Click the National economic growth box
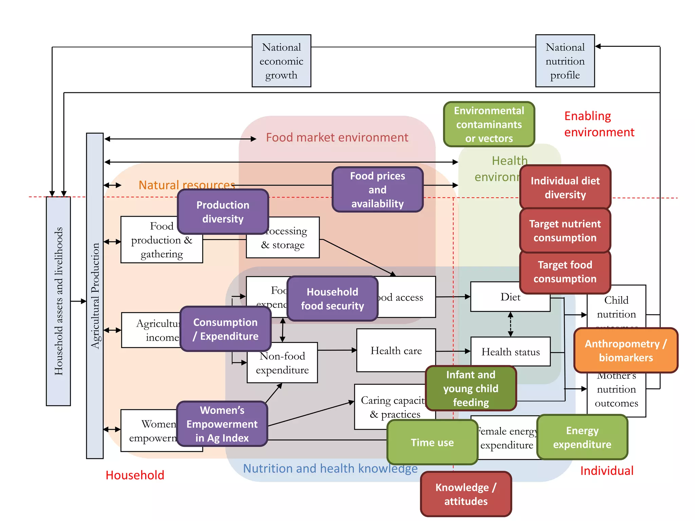click(x=281, y=61)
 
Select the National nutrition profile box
click(x=565, y=61)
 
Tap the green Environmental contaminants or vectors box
click(x=489, y=124)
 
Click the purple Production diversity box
click(x=223, y=212)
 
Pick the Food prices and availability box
click(x=377, y=190)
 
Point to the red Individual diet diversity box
click(x=565, y=187)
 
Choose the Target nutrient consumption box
click(x=565, y=231)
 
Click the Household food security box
click(x=332, y=298)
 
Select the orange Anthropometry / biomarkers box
click(x=625, y=350)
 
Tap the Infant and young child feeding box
click(x=471, y=388)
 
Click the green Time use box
click(x=432, y=442)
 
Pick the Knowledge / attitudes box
click(x=466, y=494)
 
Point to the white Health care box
click(x=396, y=350)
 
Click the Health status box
click(x=510, y=352)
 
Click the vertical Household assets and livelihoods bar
click(x=58, y=301)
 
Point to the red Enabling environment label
click(x=599, y=124)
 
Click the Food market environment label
click(x=337, y=137)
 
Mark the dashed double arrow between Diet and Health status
click(x=510, y=324)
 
